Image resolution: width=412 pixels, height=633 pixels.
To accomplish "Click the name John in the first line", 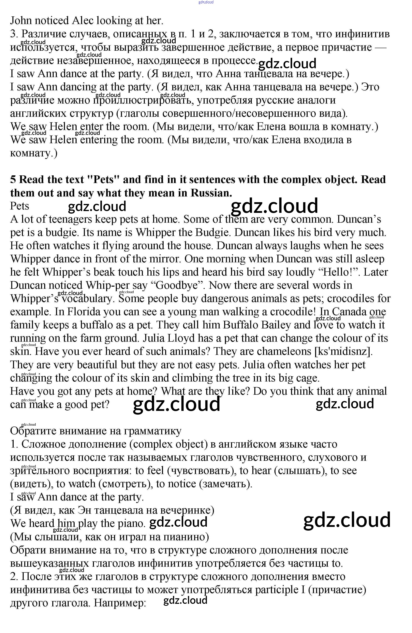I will click(x=21, y=21).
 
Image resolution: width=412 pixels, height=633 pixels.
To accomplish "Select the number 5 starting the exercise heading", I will click(x=13, y=180).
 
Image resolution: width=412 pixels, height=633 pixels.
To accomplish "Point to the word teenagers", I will click(x=70, y=219).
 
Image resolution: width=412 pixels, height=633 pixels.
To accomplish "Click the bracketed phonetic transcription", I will click(x=343, y=352).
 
